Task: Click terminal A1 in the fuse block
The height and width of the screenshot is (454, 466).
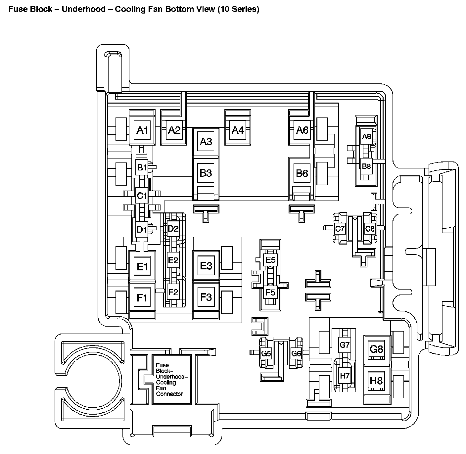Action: click(142, 130)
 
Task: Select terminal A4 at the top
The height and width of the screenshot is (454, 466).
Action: click(237, 130)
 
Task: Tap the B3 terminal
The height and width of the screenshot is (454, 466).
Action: click(206, 173)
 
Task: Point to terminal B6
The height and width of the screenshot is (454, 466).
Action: click(302, 173)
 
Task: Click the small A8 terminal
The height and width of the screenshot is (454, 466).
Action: click(366, 136)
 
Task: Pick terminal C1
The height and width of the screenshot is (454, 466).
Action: click(142, 196)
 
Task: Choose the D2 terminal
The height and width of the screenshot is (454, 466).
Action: click(173, 228)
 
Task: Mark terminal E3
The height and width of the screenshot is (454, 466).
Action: click(206, 266)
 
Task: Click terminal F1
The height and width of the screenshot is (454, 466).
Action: click(142, 298)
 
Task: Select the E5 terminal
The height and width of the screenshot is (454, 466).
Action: click(270, 260)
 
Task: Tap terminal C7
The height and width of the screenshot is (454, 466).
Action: click(340, 228)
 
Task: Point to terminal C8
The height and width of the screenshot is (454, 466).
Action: click(370, 228)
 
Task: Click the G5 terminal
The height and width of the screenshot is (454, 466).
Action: click(266, 353)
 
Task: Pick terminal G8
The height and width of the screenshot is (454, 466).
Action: click(376, 349)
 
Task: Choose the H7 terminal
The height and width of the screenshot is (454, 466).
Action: click(345, 376)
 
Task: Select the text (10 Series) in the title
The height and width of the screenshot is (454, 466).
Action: click(238, 9)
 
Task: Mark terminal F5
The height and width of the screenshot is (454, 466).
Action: click(270, 292)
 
